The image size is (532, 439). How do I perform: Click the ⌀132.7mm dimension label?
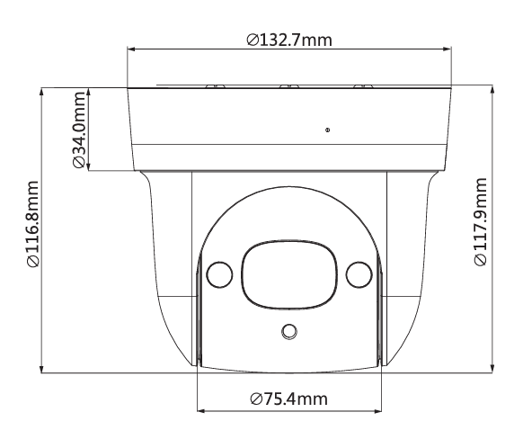click(x=288, y=40)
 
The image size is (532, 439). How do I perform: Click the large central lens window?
click(x=288, y=272)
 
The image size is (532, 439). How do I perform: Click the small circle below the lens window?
click(x=288, y=332)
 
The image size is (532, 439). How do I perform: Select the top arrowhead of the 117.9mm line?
click(x=492, y=90)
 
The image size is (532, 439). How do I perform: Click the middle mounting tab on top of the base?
click(x=288, y=86)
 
